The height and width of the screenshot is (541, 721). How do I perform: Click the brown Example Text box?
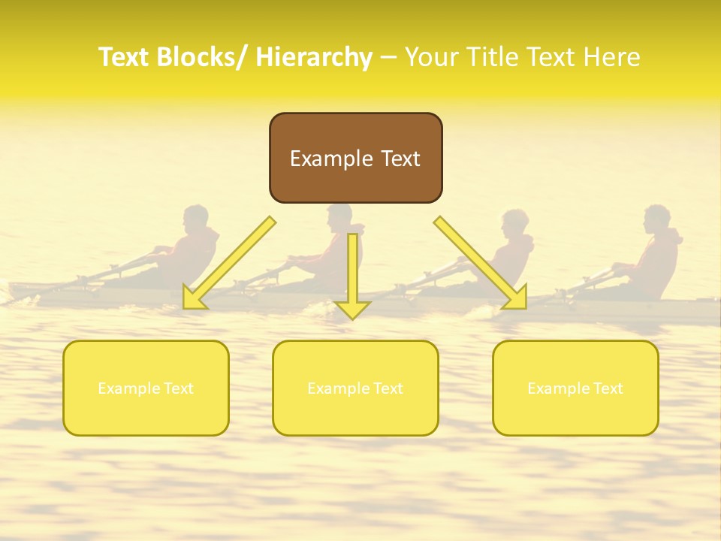tap(355, 158)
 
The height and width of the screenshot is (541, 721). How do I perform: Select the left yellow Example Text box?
tap(146, 388)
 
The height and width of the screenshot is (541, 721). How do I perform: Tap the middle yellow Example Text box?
tap(355, 388)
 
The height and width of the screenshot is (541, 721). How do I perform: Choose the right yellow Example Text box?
tap(575, 388)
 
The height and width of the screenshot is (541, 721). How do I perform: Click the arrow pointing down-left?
tap(229, 263)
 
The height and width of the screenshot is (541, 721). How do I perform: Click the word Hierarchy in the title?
tap(314, 58)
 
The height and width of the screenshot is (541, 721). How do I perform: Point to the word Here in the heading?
tap(612, 58)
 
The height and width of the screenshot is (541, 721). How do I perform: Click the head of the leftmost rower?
tap(196, 219)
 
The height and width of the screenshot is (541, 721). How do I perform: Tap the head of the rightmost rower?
tap(658, 219)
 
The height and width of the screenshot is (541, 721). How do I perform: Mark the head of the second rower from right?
tap(515, 223)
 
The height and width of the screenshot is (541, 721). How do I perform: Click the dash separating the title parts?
tap(388, 58)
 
